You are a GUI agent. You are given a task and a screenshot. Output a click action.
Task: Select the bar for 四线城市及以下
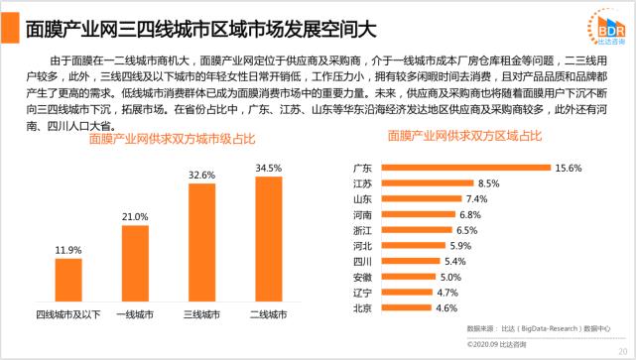(x=68, y=282)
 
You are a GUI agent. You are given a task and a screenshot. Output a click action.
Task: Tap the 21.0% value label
(x=134, y=216)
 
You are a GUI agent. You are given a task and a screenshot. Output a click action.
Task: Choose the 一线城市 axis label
(x=134, y=315)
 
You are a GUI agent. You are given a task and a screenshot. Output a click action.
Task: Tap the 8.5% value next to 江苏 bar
(x=488, y=184)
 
